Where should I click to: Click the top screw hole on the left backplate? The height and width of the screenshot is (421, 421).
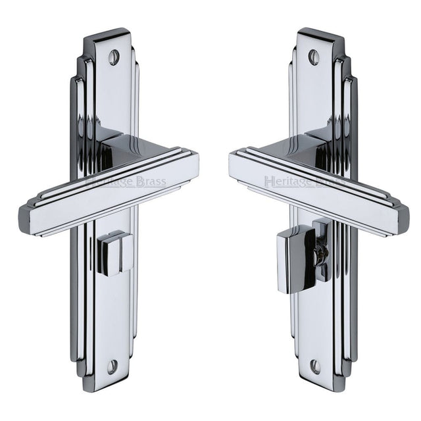(114, 57)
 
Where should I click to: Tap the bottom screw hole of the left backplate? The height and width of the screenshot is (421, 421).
(112, 366)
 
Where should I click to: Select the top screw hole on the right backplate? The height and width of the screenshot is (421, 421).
(314, 57)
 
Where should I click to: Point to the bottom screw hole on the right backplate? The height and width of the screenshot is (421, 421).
(314, 366)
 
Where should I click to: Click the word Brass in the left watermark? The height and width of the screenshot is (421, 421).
(149, 182)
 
